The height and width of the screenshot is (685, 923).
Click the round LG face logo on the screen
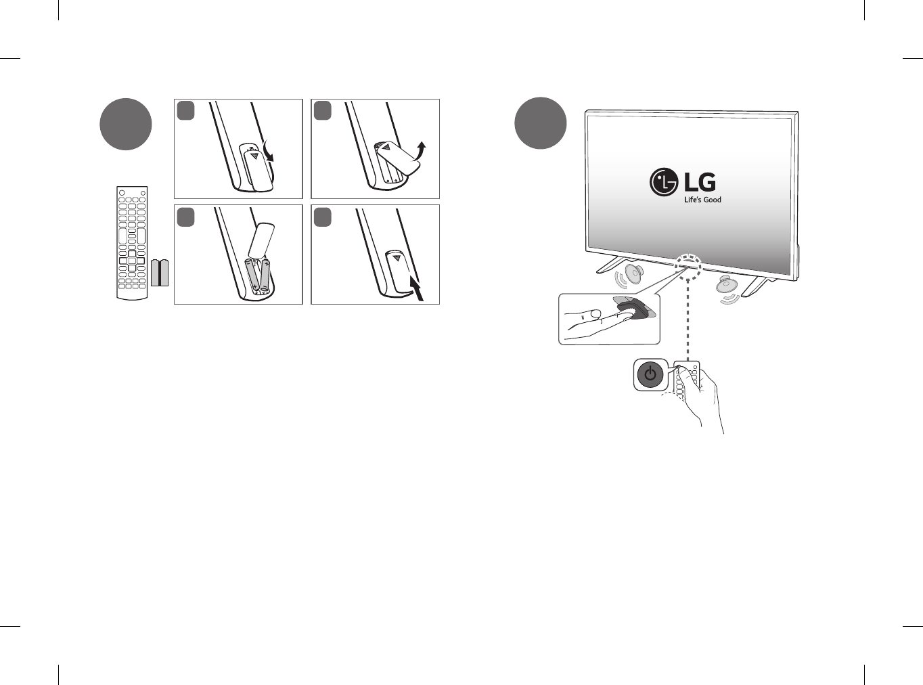pos(664,181)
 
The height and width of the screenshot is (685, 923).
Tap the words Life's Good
pos(702,200)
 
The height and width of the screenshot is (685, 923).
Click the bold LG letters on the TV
pos(700,181)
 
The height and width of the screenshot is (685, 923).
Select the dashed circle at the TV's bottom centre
pos(688,265)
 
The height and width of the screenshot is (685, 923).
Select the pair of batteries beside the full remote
pos(160,272)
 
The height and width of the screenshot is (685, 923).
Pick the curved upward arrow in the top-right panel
pos(420,150)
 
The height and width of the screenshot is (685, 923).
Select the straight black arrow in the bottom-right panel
pos(418,287)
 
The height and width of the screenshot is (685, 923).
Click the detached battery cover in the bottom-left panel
pos(261,238)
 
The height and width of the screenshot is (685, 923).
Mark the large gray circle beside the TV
pos(540,123)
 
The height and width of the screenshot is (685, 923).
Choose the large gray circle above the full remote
pos(126,125)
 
